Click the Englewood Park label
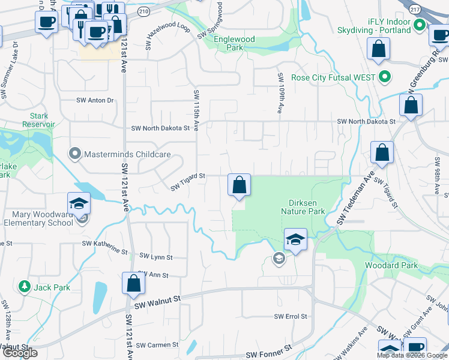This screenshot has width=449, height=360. pos(235,43)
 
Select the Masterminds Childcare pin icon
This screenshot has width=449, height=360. pos(75,154)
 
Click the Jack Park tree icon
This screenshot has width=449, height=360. pos(25,287)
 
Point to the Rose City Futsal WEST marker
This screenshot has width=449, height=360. pos(385,77)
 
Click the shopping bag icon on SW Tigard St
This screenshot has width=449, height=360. pos(239,185)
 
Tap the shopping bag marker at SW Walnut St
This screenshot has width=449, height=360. pos(133,283)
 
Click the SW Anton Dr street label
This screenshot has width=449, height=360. pos(95,100)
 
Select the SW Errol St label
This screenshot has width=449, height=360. pos(291,316)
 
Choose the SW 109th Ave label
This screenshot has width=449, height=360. pos(280,94)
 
